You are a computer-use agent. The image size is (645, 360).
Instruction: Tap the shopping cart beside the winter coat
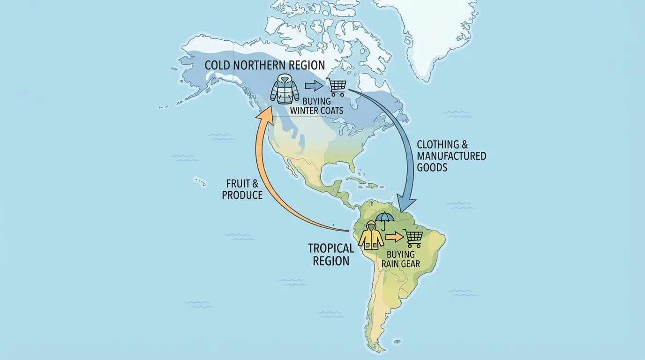click(337, 86)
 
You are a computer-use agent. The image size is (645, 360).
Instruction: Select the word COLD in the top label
click(217, 65)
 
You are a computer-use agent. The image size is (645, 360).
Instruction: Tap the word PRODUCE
click(242, 195)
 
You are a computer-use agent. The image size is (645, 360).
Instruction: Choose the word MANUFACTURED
click(451, 156)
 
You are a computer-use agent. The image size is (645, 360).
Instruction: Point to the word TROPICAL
click(330, 248)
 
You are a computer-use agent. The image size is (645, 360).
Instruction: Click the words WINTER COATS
click(317, 111)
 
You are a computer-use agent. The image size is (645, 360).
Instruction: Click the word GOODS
click(432, 167)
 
